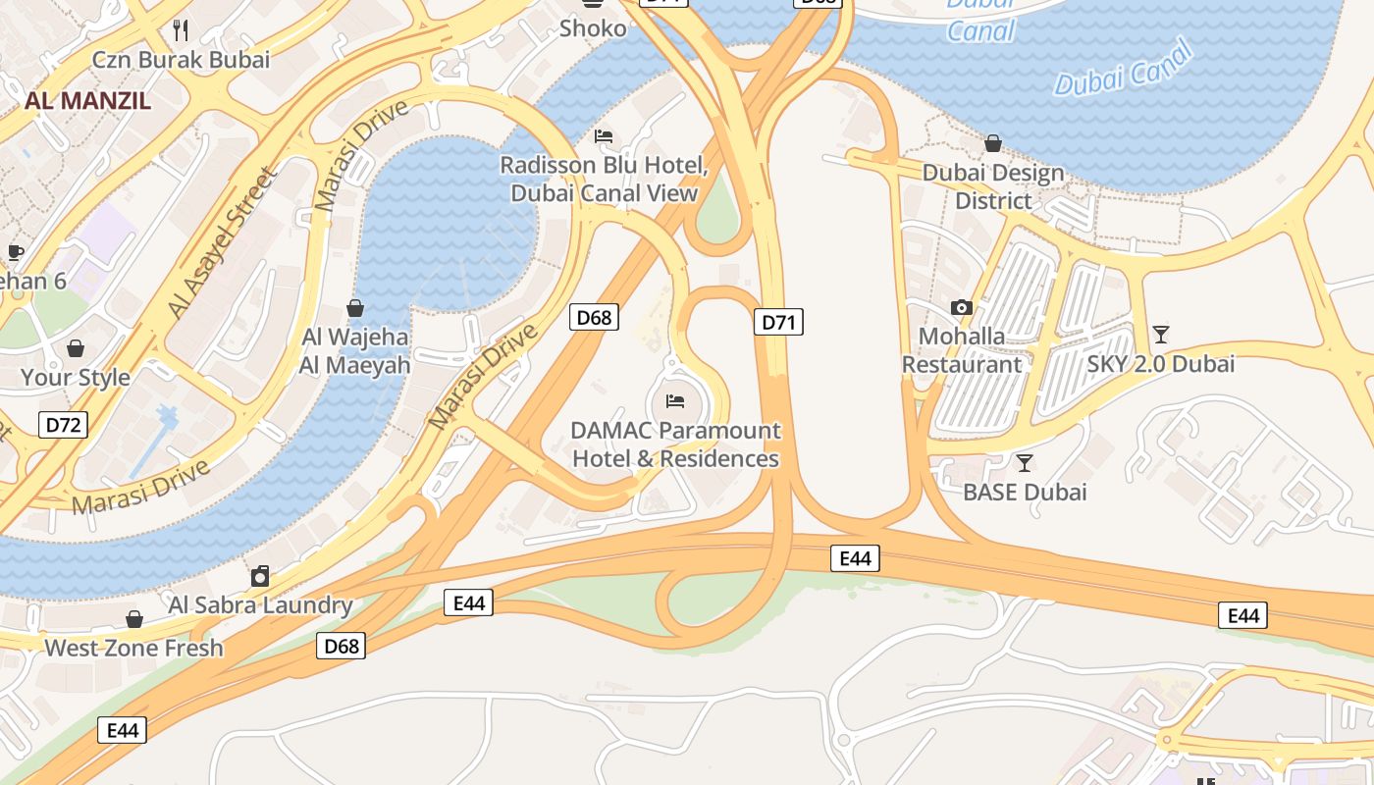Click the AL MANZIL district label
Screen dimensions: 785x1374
(87, 100)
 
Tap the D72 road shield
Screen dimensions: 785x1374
(64, 425)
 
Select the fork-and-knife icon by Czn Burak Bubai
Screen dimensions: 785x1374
(181, 30)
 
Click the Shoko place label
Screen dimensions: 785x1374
(593, 28)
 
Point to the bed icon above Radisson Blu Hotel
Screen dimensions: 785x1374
(604, 136)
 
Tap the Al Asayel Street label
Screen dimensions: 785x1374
(222, 242)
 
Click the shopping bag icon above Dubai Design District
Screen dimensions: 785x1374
(993, 144)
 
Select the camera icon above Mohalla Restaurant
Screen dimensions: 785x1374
(962, 308)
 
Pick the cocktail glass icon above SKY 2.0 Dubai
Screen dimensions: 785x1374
(1161, 335)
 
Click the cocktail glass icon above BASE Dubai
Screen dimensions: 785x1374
(1025, 463)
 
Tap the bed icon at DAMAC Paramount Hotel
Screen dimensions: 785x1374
(675, 401)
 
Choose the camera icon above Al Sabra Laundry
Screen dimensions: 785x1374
(260, 576)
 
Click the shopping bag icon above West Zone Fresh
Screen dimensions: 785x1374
(134, 619)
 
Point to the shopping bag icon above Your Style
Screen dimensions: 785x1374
(76, 348)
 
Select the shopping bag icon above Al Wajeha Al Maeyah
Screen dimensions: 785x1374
(355, 308)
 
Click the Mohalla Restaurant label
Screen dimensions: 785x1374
(962, 350)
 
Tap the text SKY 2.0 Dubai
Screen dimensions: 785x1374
(1160, 364)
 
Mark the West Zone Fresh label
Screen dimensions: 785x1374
(134, 648)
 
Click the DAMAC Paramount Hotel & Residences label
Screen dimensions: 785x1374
(676, 445)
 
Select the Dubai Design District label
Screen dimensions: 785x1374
(993, 186)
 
